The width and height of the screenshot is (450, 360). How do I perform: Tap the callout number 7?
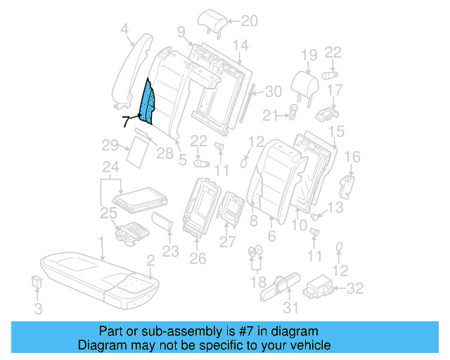[x=126, y=121]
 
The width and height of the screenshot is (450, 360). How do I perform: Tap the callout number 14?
[x=241, y=46]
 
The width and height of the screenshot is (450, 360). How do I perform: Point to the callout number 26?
[x=198, y=258]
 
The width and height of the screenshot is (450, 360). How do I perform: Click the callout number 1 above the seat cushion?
[x=102, y=243]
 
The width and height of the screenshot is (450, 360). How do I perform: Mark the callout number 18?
[x=255, y=282]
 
